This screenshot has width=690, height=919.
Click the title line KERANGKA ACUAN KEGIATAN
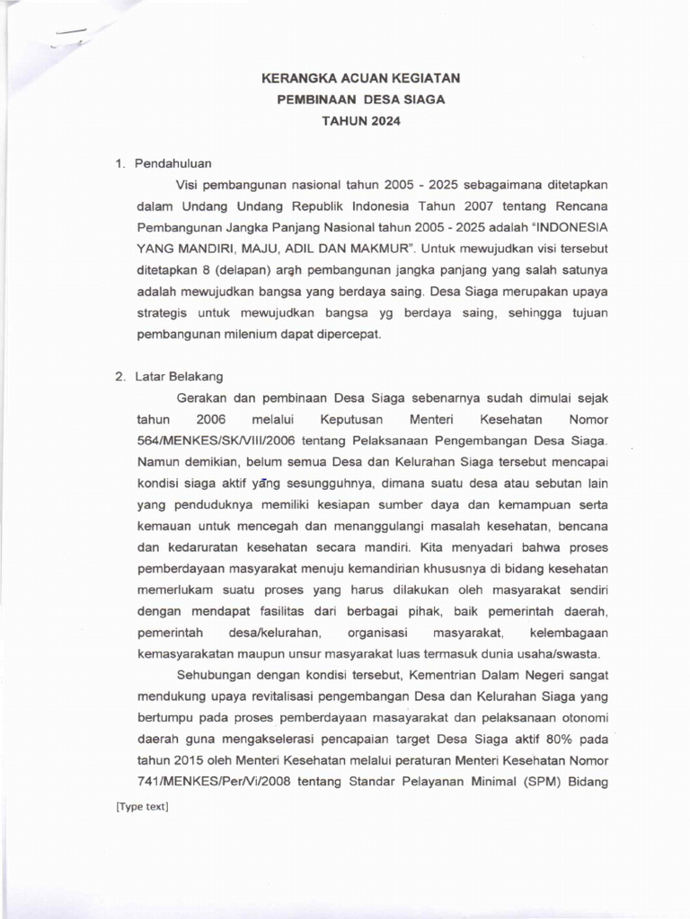click(x=360, y=79)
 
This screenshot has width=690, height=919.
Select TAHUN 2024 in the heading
click(x=360, y=120)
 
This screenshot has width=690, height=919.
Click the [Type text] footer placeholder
click(x=142, y=807)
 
